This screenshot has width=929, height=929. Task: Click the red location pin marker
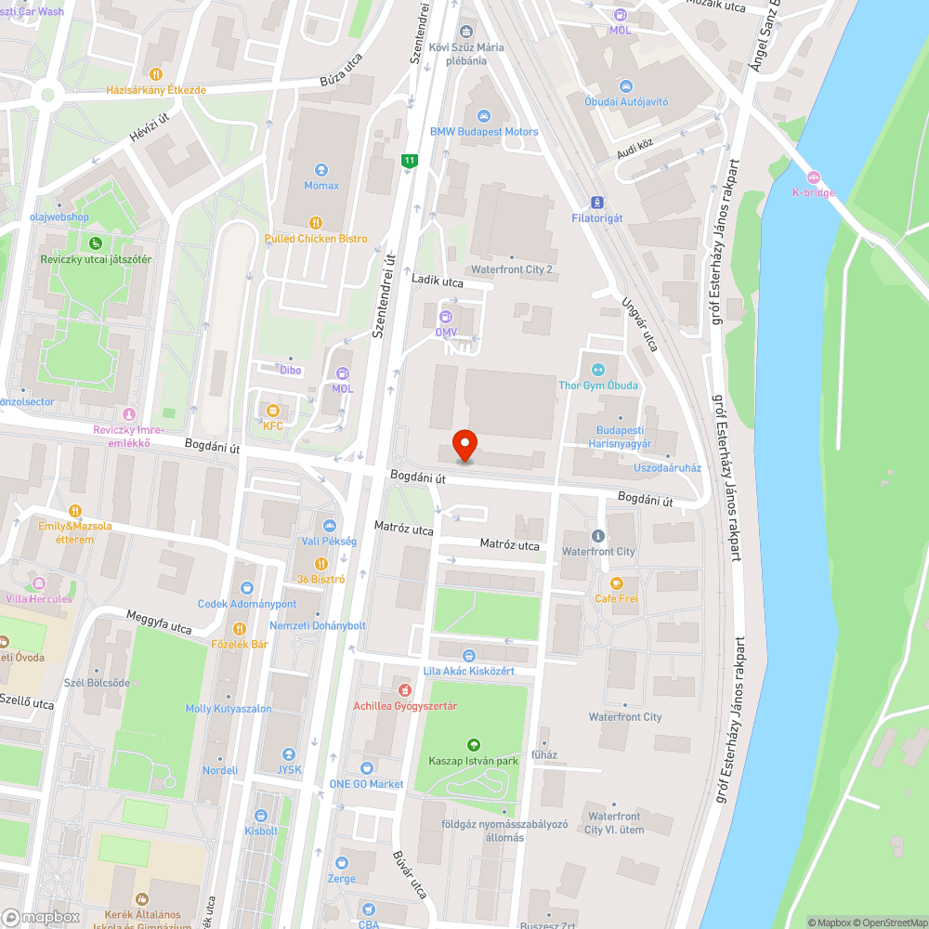[x=464, y=446]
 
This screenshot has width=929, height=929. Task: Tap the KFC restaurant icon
[x=272, y=411]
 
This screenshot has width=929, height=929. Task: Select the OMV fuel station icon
[x=446, y=318]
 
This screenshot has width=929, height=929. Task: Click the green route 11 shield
[x=408, y=161]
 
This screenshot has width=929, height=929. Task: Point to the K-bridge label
[x=813, y=192]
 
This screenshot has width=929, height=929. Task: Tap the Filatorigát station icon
[x=596, y=203]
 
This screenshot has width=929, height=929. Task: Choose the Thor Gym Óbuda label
[x=597, y=386]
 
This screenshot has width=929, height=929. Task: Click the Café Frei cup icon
[x=616, y=583]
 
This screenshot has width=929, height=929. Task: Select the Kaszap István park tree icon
[x=474, y=745]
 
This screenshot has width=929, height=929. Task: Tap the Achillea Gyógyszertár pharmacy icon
[x=405, y=690]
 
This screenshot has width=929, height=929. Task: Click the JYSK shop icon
[x=289, y=754]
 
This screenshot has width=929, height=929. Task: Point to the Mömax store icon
[x=321, y=170]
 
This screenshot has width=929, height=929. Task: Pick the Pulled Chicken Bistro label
[x=316, y=239]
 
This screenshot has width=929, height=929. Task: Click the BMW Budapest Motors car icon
[x=483, y=116]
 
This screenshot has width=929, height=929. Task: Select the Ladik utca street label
[x=438, y=280]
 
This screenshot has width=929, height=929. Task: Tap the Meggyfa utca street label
[x=159, y=622]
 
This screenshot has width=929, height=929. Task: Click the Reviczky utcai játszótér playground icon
[x=95, y=243]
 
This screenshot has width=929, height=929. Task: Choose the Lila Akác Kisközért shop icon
[x=468, y=656]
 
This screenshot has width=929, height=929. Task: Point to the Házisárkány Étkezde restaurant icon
[x=155, y=74]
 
